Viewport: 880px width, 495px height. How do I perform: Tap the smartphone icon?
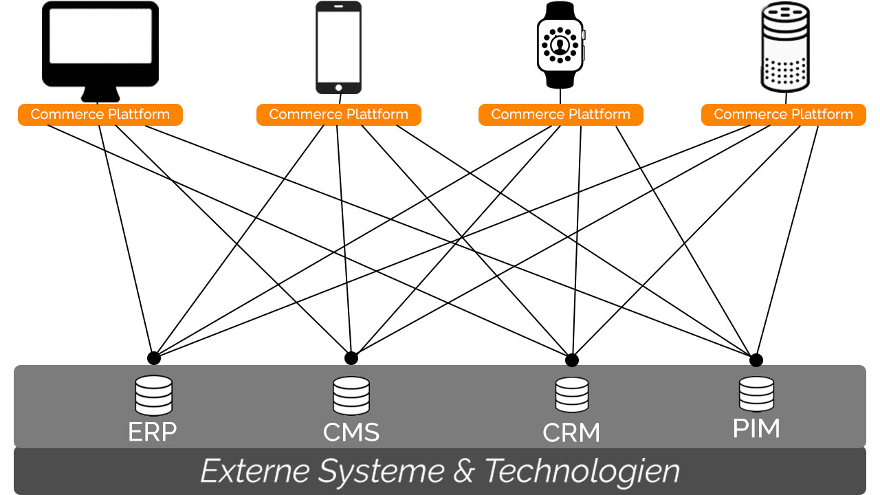(338, 47)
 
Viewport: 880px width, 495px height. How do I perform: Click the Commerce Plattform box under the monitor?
(100, 115)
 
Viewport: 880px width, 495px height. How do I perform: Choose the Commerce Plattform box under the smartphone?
(338, 115)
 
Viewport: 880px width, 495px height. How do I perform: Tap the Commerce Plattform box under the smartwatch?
(560, 115)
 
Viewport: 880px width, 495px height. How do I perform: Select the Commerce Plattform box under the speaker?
(783, 115)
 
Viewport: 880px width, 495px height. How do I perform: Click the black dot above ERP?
(154, 358)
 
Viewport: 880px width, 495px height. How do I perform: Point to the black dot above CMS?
(351, 358)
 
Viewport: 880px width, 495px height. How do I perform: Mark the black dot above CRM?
(571, 360)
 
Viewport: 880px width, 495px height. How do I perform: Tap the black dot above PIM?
(756, 360)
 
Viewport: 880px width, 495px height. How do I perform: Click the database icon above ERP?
(153, 395)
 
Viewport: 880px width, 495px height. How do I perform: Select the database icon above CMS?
(351, 396)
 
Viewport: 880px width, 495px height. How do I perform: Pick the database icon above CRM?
(572, 395)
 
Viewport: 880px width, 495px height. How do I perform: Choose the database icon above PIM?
(756, 394)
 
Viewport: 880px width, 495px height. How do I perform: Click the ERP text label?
(153, 432)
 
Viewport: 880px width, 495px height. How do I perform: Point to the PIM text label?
(756, 428)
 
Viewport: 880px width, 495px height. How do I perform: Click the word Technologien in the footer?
(582, 472)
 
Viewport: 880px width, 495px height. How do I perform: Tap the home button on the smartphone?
(338, 87)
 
